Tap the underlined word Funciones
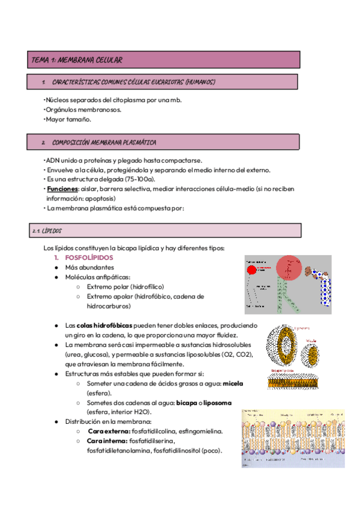pos(62,189)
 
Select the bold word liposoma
pos(214,402)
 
